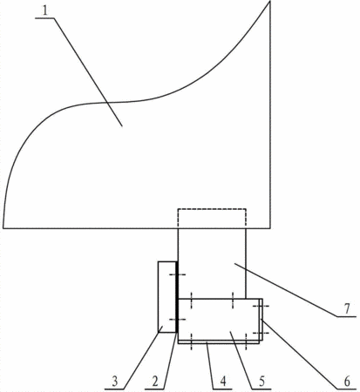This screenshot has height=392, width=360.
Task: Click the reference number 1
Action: pos(44,10)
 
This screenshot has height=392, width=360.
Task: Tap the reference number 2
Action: pos(155,382)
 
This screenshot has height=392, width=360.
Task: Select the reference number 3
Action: pos(115,382)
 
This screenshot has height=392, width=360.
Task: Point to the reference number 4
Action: pos(223,382)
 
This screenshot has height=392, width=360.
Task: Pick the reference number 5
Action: pos(262,382)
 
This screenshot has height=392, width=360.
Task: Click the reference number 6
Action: pos(347,382)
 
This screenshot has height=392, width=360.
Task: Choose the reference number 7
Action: pos(347,309)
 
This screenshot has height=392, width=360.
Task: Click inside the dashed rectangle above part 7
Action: pos(212,219)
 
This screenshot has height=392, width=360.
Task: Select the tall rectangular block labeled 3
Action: pos(167,297)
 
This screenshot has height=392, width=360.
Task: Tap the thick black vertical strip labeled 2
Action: pos(177,297)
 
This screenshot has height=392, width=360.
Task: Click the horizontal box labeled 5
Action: pos(219,319)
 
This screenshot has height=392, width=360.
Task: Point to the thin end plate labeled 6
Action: pos(261,319)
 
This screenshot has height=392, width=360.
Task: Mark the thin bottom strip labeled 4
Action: pos(219,341)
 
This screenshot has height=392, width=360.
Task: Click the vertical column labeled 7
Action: pos(212,264)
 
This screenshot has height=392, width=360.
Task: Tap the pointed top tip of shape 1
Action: pos(270,1)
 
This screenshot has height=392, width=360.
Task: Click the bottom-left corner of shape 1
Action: pos(3,228)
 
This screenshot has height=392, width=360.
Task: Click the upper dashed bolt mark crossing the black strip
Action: pos(177,274)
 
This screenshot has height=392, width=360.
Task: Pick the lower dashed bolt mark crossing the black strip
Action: pos(177,320)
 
